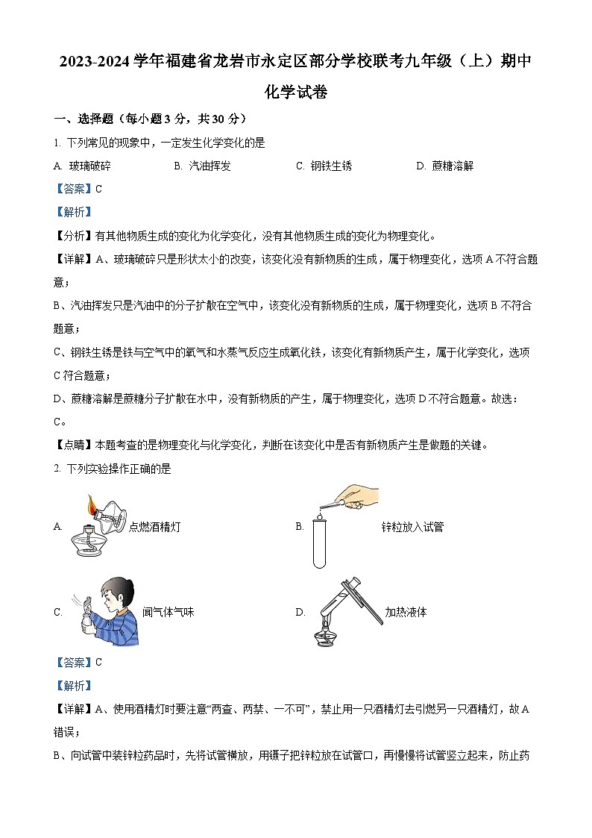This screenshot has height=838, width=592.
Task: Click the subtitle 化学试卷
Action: point(296,93)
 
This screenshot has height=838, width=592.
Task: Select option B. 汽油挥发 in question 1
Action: point(202,166)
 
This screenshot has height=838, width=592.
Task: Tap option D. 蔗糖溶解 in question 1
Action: point(444,166)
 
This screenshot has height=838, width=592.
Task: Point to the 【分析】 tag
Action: point(74,236)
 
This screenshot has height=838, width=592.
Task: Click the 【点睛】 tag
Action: point(74,445)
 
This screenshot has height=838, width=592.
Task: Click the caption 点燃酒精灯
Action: point(154,527)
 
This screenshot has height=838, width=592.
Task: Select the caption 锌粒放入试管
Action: point(412,527)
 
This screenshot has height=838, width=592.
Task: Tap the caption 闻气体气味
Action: point(168,612)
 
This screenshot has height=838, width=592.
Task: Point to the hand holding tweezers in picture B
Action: point(359,495)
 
